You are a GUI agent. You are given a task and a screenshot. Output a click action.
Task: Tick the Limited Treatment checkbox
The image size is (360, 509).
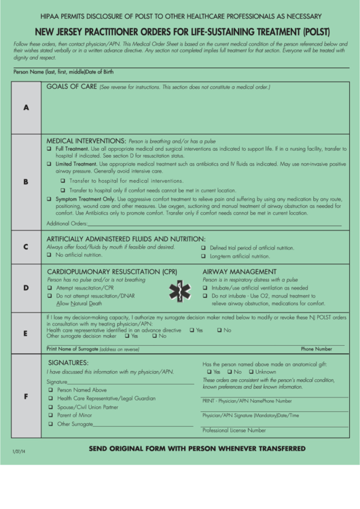[49, 164]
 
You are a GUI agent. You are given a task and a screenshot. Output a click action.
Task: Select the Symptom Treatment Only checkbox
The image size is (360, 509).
[49, 199]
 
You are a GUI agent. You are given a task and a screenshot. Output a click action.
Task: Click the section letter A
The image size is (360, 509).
[26, 107]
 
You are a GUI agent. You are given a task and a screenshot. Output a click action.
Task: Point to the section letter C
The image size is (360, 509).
[26, 247]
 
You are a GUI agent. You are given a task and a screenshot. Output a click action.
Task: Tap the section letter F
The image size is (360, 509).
[26, 396]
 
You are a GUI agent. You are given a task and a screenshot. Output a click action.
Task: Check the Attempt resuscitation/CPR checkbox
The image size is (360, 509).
[50, 287]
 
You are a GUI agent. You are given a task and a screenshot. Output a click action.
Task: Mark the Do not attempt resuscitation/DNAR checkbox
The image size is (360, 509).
[50, 296]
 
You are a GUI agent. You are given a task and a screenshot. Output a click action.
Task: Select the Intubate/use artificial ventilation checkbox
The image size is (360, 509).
[205, 287]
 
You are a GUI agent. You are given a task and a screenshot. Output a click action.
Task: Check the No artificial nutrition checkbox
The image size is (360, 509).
[50, 256]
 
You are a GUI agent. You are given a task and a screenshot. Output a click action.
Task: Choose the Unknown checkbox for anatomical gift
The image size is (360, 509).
[251, 372]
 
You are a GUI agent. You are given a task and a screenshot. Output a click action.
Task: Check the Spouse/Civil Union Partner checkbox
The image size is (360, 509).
[50, 407]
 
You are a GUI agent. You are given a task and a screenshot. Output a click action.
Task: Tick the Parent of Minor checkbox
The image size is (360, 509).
[50, 415]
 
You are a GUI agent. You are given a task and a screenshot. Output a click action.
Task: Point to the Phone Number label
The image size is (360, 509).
[317, 349]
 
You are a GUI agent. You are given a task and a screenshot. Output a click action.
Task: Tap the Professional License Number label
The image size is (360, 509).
[234, 430]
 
